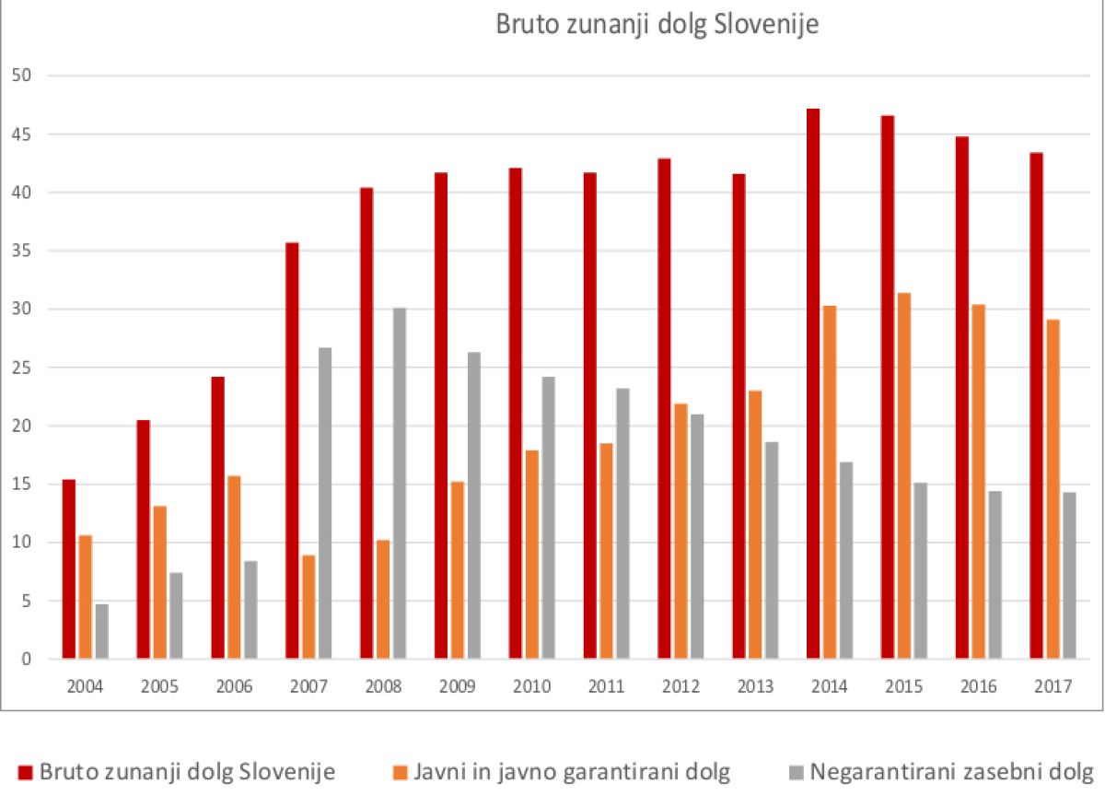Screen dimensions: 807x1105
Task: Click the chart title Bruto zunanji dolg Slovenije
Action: click(x=657, y=24)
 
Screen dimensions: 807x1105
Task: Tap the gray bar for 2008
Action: click(x=400, y=483)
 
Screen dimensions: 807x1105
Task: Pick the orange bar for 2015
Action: click(x=904, y=475)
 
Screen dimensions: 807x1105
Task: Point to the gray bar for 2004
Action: click(x=101, y=631)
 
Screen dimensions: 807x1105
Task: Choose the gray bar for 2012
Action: click(x=697, y=536)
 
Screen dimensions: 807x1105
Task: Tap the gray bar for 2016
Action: click(x=994, y=575)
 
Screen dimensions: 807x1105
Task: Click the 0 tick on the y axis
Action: click(x=27, y=660)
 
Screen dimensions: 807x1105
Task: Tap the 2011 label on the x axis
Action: click(x=606, y=687)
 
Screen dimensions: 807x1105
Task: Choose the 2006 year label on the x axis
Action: click(x=235, y=687)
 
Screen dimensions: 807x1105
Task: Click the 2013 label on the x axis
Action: click(x=755, y=687)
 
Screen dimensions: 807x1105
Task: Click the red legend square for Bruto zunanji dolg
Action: click(x=25, y=772)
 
